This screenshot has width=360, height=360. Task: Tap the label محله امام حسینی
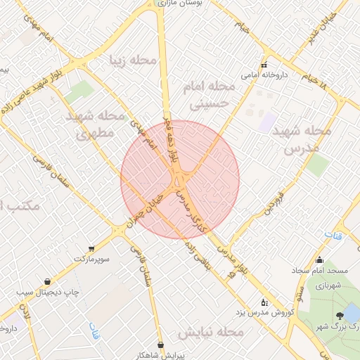point(211,95)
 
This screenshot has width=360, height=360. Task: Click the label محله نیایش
point(210,331)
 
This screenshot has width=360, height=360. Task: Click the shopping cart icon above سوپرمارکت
point(91,249)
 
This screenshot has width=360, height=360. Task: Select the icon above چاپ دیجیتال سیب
point(47,281)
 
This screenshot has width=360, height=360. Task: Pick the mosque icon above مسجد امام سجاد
point(320,260)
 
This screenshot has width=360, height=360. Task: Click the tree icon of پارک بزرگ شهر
point(340,315)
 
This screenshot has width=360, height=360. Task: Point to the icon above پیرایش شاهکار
point(163,345)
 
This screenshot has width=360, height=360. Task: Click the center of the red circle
point(180,180)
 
